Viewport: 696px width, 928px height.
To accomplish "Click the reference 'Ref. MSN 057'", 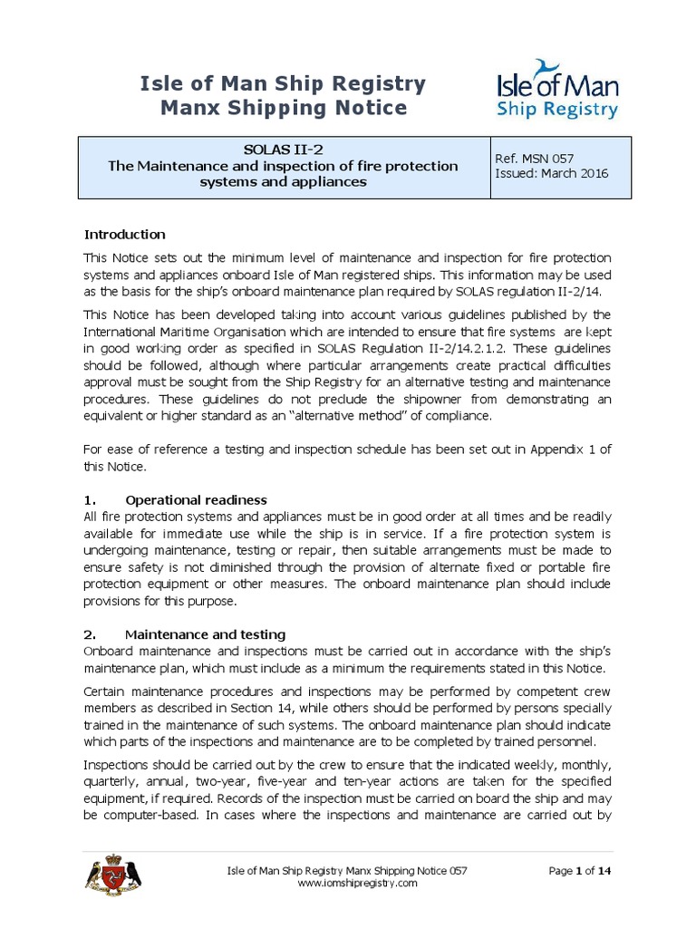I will (536, 159).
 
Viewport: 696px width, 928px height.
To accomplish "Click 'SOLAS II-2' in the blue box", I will (283, 150).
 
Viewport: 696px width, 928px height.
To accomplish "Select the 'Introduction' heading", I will (124, 234).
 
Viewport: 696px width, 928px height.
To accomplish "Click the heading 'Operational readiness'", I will (196, 499).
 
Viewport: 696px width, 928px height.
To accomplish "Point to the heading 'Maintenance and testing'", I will (205, 633).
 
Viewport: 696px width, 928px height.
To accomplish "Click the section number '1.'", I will (90, 499).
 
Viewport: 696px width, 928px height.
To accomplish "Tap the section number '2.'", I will (90, 633).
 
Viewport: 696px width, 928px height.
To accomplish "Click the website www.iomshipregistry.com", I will (358, 884).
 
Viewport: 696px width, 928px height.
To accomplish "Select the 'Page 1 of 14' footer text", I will (583, 871).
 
